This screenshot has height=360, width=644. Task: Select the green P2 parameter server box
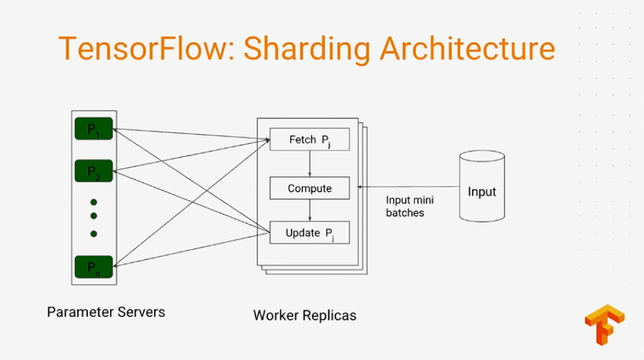coord(94,171)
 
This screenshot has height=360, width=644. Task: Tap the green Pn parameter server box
coord(94,267)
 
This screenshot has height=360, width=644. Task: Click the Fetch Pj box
coord(309,140)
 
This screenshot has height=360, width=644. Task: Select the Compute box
coord(309,189)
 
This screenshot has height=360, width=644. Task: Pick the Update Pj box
coord(309,233)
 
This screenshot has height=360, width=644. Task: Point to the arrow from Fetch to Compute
coord(310,163)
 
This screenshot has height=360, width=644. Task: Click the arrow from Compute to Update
coord(310,210)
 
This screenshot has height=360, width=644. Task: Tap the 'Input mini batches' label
coord(410,207)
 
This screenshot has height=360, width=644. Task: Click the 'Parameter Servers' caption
coord(106,312)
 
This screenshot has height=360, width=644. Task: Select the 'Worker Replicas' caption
coord(304,315)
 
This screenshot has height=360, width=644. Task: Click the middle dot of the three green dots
coord(94,215)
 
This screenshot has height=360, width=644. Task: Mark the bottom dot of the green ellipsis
coord(94,233)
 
